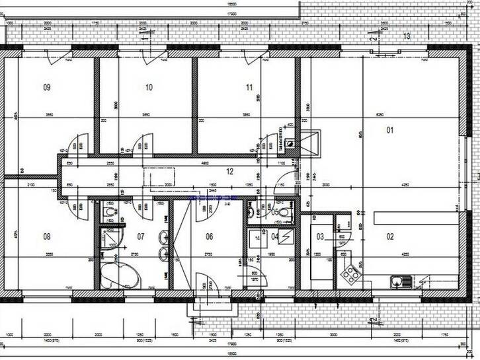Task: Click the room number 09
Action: point(47,87)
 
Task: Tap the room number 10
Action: point(149,87)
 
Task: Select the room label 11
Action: point(249,87)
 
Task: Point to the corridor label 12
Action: point(230,171)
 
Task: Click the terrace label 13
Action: point(407,36)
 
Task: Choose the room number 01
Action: point(390,129)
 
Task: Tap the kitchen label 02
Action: point(390,236)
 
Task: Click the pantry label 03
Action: point(320,236)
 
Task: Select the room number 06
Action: point(209,236)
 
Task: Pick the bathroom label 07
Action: point(140,236)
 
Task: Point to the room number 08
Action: point(47,236)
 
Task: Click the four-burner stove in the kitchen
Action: point(348,273)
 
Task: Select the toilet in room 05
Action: point(284,211)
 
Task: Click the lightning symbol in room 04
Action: point(286,235)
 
